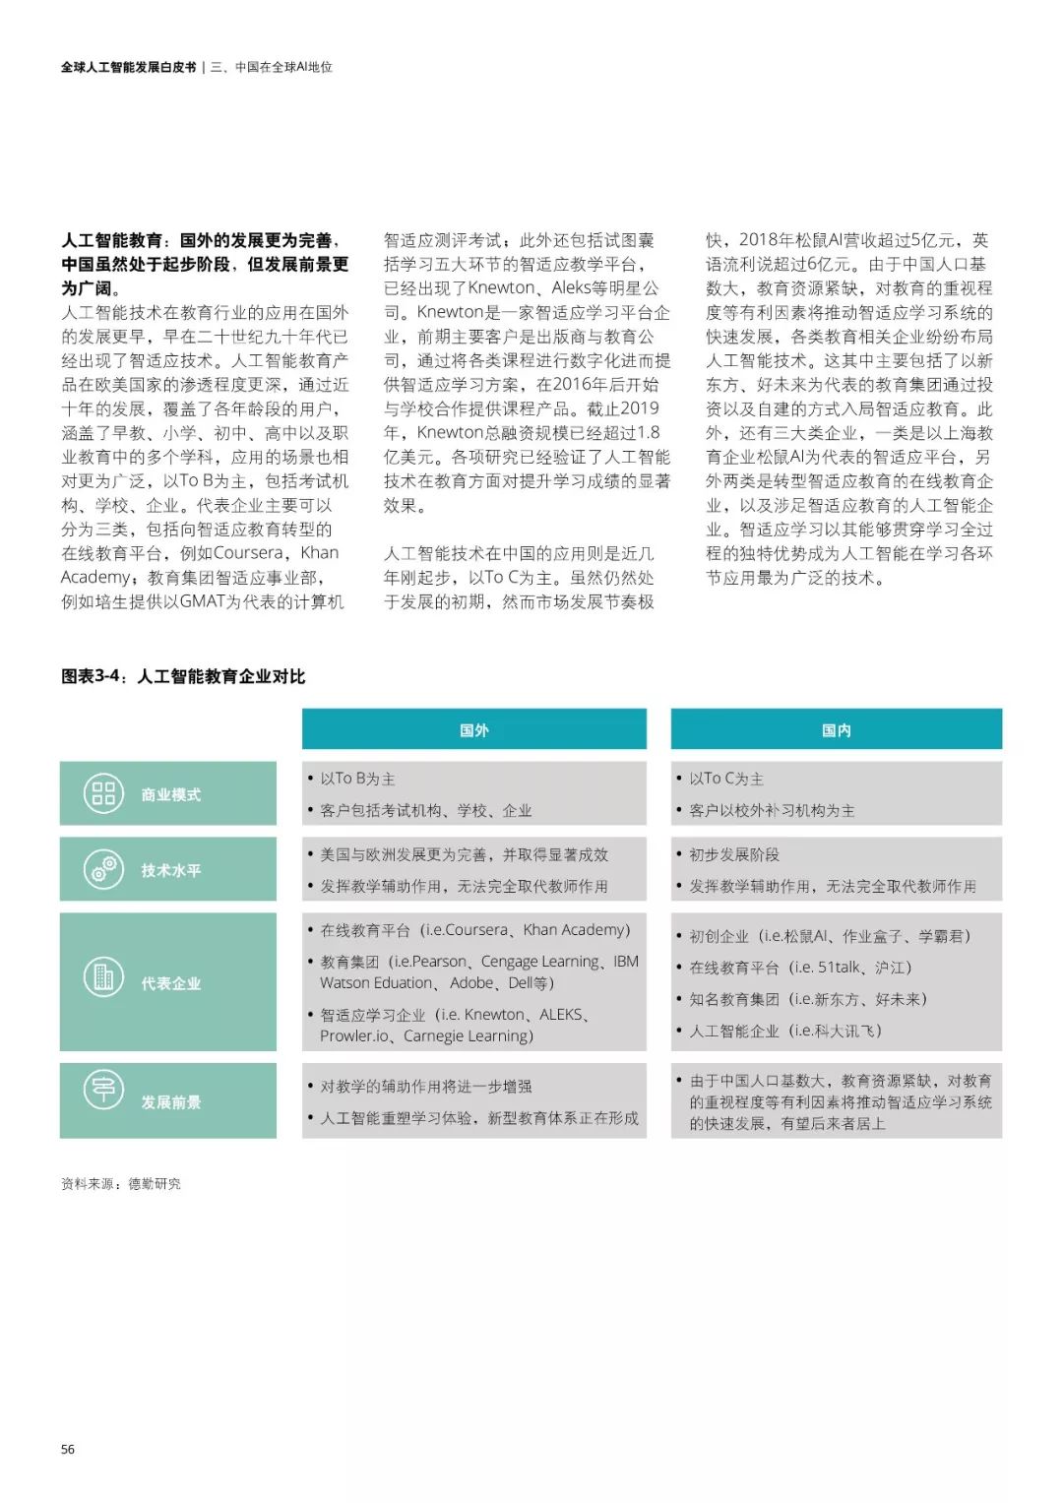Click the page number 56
68,1449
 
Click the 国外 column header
473,730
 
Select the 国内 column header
836,730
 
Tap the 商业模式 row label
170,794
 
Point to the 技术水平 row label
170,870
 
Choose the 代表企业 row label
170,983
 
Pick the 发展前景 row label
170,1102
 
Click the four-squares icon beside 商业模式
103,793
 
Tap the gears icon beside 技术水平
103,869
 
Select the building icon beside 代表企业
103,976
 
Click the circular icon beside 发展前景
103,1090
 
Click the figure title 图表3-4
183,676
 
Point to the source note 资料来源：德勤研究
121,1184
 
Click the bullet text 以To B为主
356,779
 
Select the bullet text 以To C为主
725,779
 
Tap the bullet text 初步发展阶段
733,854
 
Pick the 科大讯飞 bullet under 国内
784,1031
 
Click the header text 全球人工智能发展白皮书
128,67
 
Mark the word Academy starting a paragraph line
95,577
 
